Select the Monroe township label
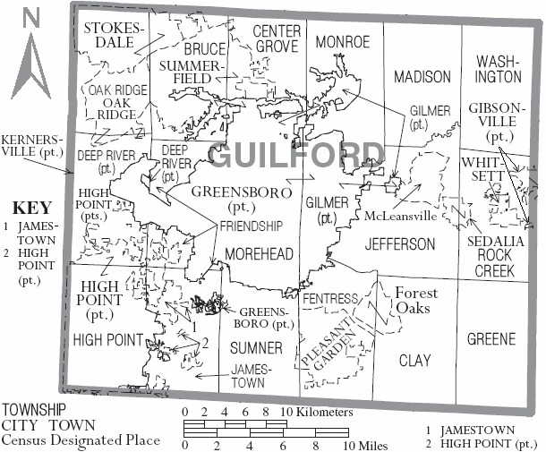tap(343, 42)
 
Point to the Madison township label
tap(422, 77)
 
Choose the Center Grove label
tap(277, 39)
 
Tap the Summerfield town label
tap(191, 72)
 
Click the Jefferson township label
tap(400, 243)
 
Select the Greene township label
tap(491, 339)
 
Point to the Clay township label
tap(414, 360)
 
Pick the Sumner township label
tap(255, 347)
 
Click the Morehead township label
tap(259, 255)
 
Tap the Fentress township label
tap(330, 298)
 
